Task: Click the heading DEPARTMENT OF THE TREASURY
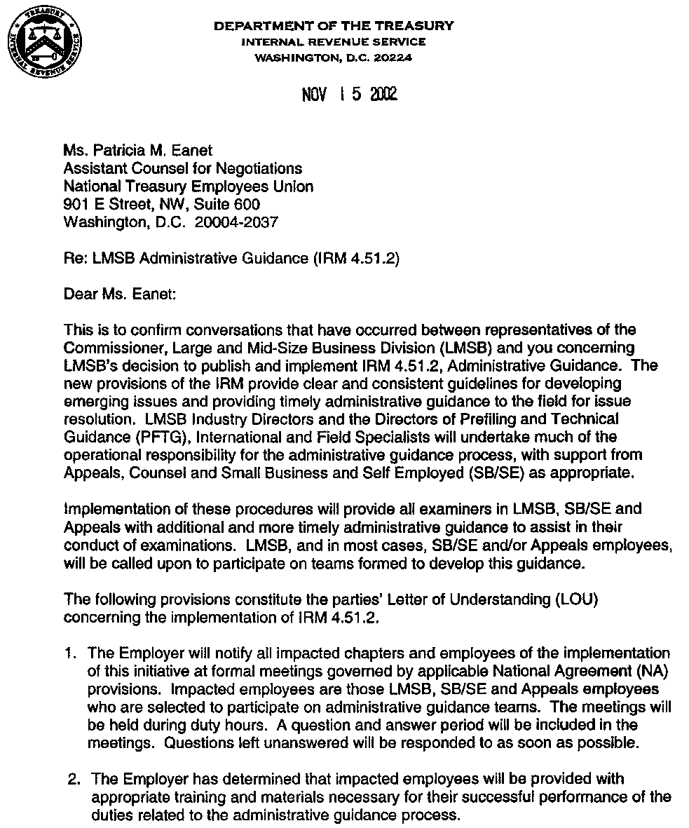pos(334,26)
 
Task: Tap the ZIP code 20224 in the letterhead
pos(393,57)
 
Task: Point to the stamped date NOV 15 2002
pos(349,94)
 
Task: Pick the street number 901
pos(74,204)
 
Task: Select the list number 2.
pos(71,778)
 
